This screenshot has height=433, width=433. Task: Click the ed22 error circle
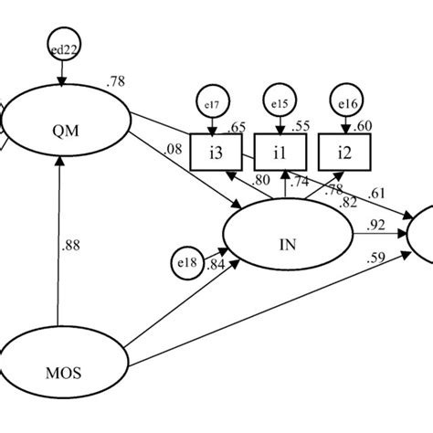pyautogui.click(x=59, y=53)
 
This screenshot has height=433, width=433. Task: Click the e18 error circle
pyautogui.click(x=187, y=264)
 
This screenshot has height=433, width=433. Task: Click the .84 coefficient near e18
pyautogui.click(x=216, y=265)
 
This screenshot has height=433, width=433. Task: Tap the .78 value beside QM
pyautogui.click(x=116, y=82)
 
